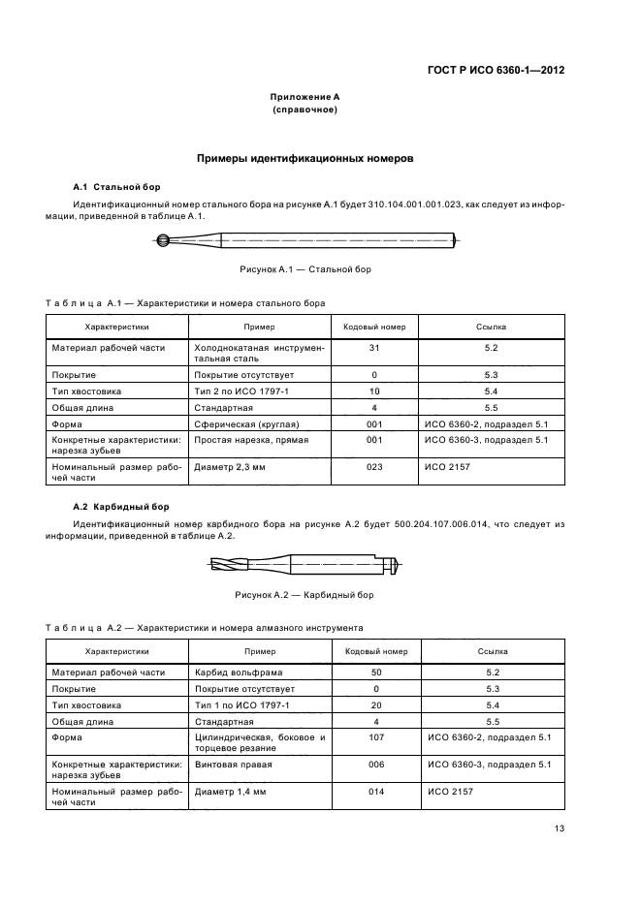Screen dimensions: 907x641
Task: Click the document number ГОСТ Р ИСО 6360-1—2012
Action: coord(497,71)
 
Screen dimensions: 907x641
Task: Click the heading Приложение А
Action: coord(304,97)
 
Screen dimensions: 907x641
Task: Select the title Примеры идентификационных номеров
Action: coord(304,157)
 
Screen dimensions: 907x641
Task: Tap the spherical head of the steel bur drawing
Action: coord(164,241)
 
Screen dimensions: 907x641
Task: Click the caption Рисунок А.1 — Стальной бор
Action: coord(304,269)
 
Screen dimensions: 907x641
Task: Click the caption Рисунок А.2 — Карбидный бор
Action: coord(304,594)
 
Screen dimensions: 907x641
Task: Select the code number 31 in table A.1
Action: coord(374,347)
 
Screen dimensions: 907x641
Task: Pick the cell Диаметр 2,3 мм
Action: coord(231,465)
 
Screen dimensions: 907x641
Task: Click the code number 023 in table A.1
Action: coord(374,465)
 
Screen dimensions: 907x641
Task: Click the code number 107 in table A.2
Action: coord(374,738)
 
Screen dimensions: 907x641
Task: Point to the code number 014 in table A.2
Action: coord(374,791)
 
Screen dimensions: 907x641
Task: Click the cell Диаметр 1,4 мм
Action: coord(231,791)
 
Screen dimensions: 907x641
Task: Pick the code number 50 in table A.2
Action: coord(374,672)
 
